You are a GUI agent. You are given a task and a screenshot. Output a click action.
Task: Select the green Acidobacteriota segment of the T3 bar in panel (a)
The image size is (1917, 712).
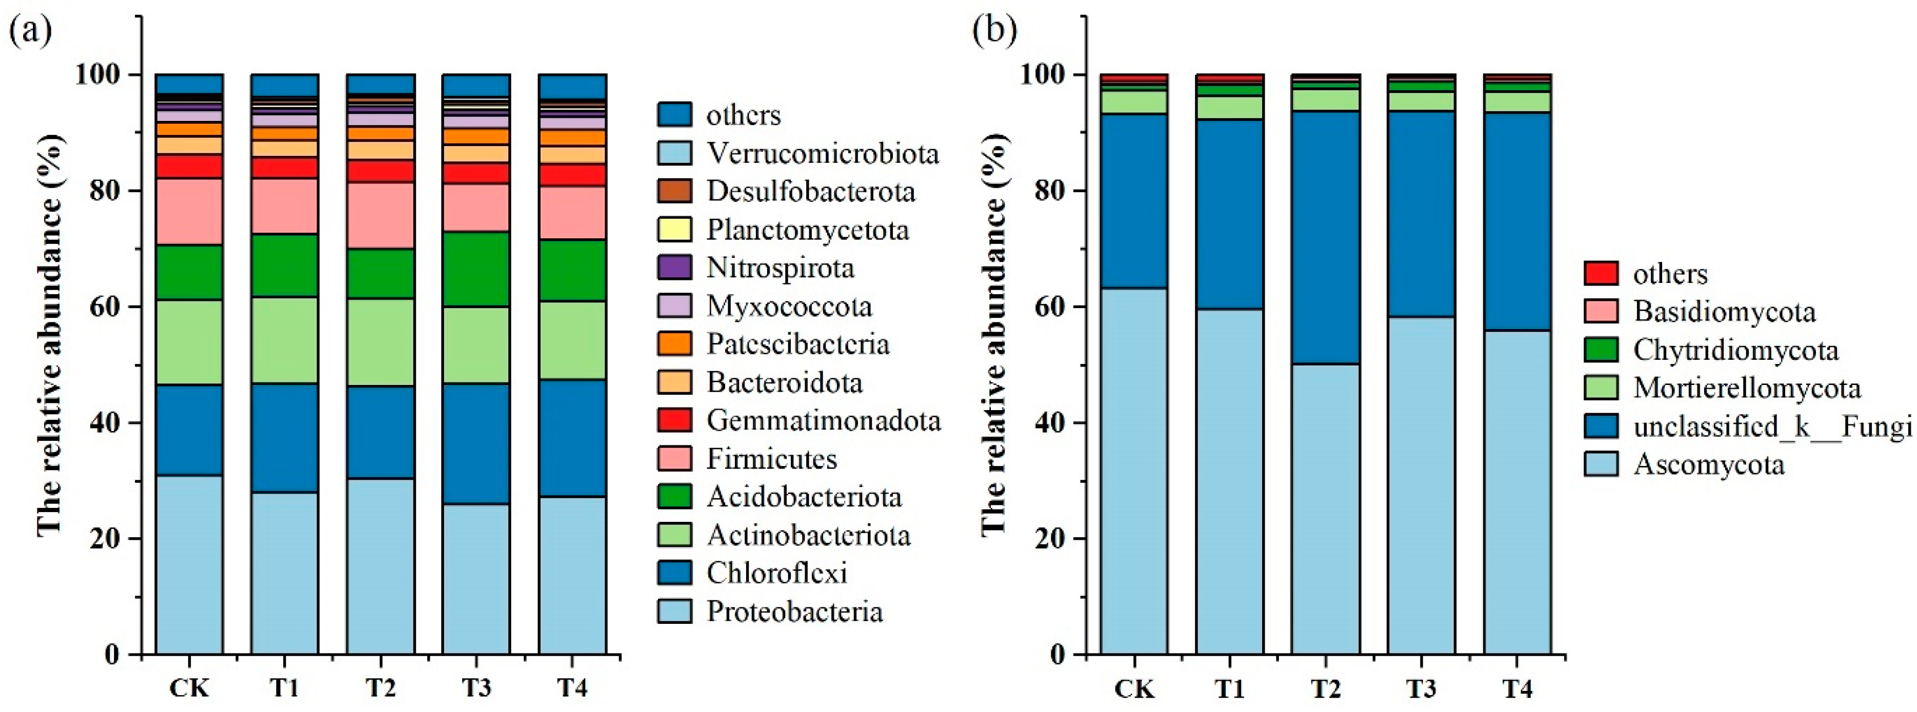(476, 269)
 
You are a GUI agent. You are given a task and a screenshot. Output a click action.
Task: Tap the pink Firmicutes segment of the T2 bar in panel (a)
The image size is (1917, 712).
(381, 215)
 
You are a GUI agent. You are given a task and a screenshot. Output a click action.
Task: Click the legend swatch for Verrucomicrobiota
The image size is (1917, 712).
(674, 153)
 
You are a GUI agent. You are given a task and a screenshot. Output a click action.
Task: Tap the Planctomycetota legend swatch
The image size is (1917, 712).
(674, 229)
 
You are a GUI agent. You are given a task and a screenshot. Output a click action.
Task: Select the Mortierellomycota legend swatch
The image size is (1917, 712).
(1601, 388)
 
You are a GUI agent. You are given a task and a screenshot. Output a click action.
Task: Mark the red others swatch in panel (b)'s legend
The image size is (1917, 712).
(1601, 273)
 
